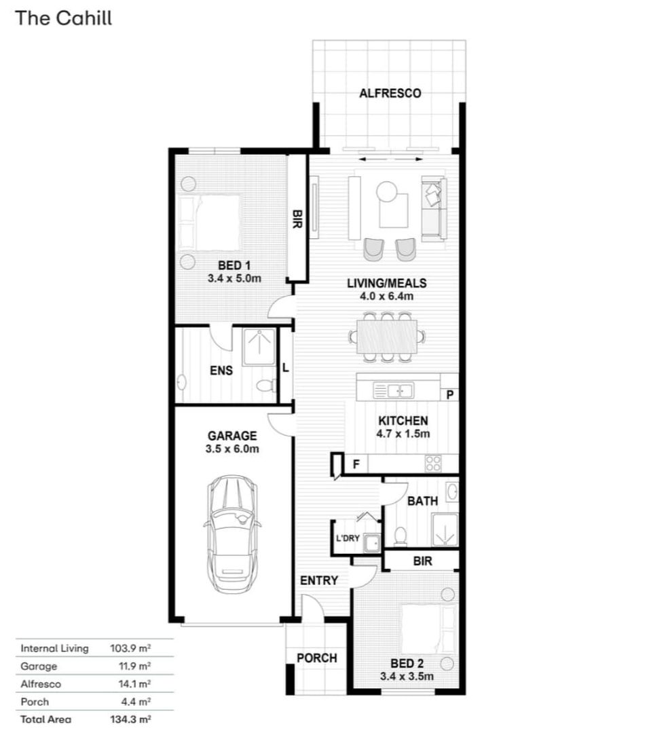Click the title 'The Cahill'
pos(64,18)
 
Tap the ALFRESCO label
pos(390,93)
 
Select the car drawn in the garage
pos(233,534)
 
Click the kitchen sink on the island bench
pos(394,390)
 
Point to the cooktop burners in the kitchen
pos(433,464)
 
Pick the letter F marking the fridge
pos(356,464)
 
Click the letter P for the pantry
pos(450,395)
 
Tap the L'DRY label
pos(348,538)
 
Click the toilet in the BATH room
pos(401,536)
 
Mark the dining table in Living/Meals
pos(387,337)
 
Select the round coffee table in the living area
pos(387,191)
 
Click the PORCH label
pos(317,658)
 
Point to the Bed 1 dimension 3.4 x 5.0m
pos(234,278)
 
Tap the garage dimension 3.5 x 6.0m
pos(232,449)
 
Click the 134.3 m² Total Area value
pos(130,719)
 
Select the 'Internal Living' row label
pos(54,648)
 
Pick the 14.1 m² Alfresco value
pos(134,683)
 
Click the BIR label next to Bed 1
pos(297,219)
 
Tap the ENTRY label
pos(319,580)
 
